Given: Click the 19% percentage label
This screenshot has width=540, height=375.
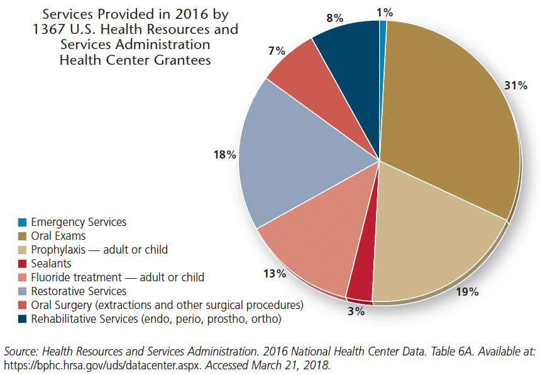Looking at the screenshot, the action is (467, 292).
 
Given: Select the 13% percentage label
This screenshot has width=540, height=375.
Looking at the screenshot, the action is (275, 274).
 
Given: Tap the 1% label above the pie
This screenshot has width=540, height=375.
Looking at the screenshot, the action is (385, 13).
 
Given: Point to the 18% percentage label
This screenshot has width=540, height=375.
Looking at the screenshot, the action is (225, 155).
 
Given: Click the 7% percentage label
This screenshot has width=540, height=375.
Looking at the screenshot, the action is (277, 51).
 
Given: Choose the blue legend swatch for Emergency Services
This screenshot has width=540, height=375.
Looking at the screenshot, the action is (23, 222).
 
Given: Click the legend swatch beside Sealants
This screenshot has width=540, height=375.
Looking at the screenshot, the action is (23, 264).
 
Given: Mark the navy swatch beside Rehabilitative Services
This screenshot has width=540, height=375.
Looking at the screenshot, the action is (23, 319).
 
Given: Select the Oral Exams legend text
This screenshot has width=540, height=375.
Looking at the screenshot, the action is (58, 236).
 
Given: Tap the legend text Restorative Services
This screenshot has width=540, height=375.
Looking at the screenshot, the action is (79, 291).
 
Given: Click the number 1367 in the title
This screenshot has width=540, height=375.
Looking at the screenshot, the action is (48, 30).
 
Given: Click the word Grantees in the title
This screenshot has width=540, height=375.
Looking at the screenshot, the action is (182, 60).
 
